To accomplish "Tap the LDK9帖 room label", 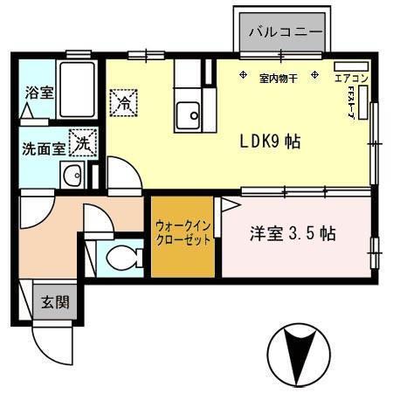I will click(x=271, y=140).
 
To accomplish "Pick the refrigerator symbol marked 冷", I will click(x=123, y=103).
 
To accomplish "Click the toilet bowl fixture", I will click(x=122, y=258).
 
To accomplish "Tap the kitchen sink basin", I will click(x=187, y=114).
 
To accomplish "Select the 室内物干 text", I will click(x=279, y=79).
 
